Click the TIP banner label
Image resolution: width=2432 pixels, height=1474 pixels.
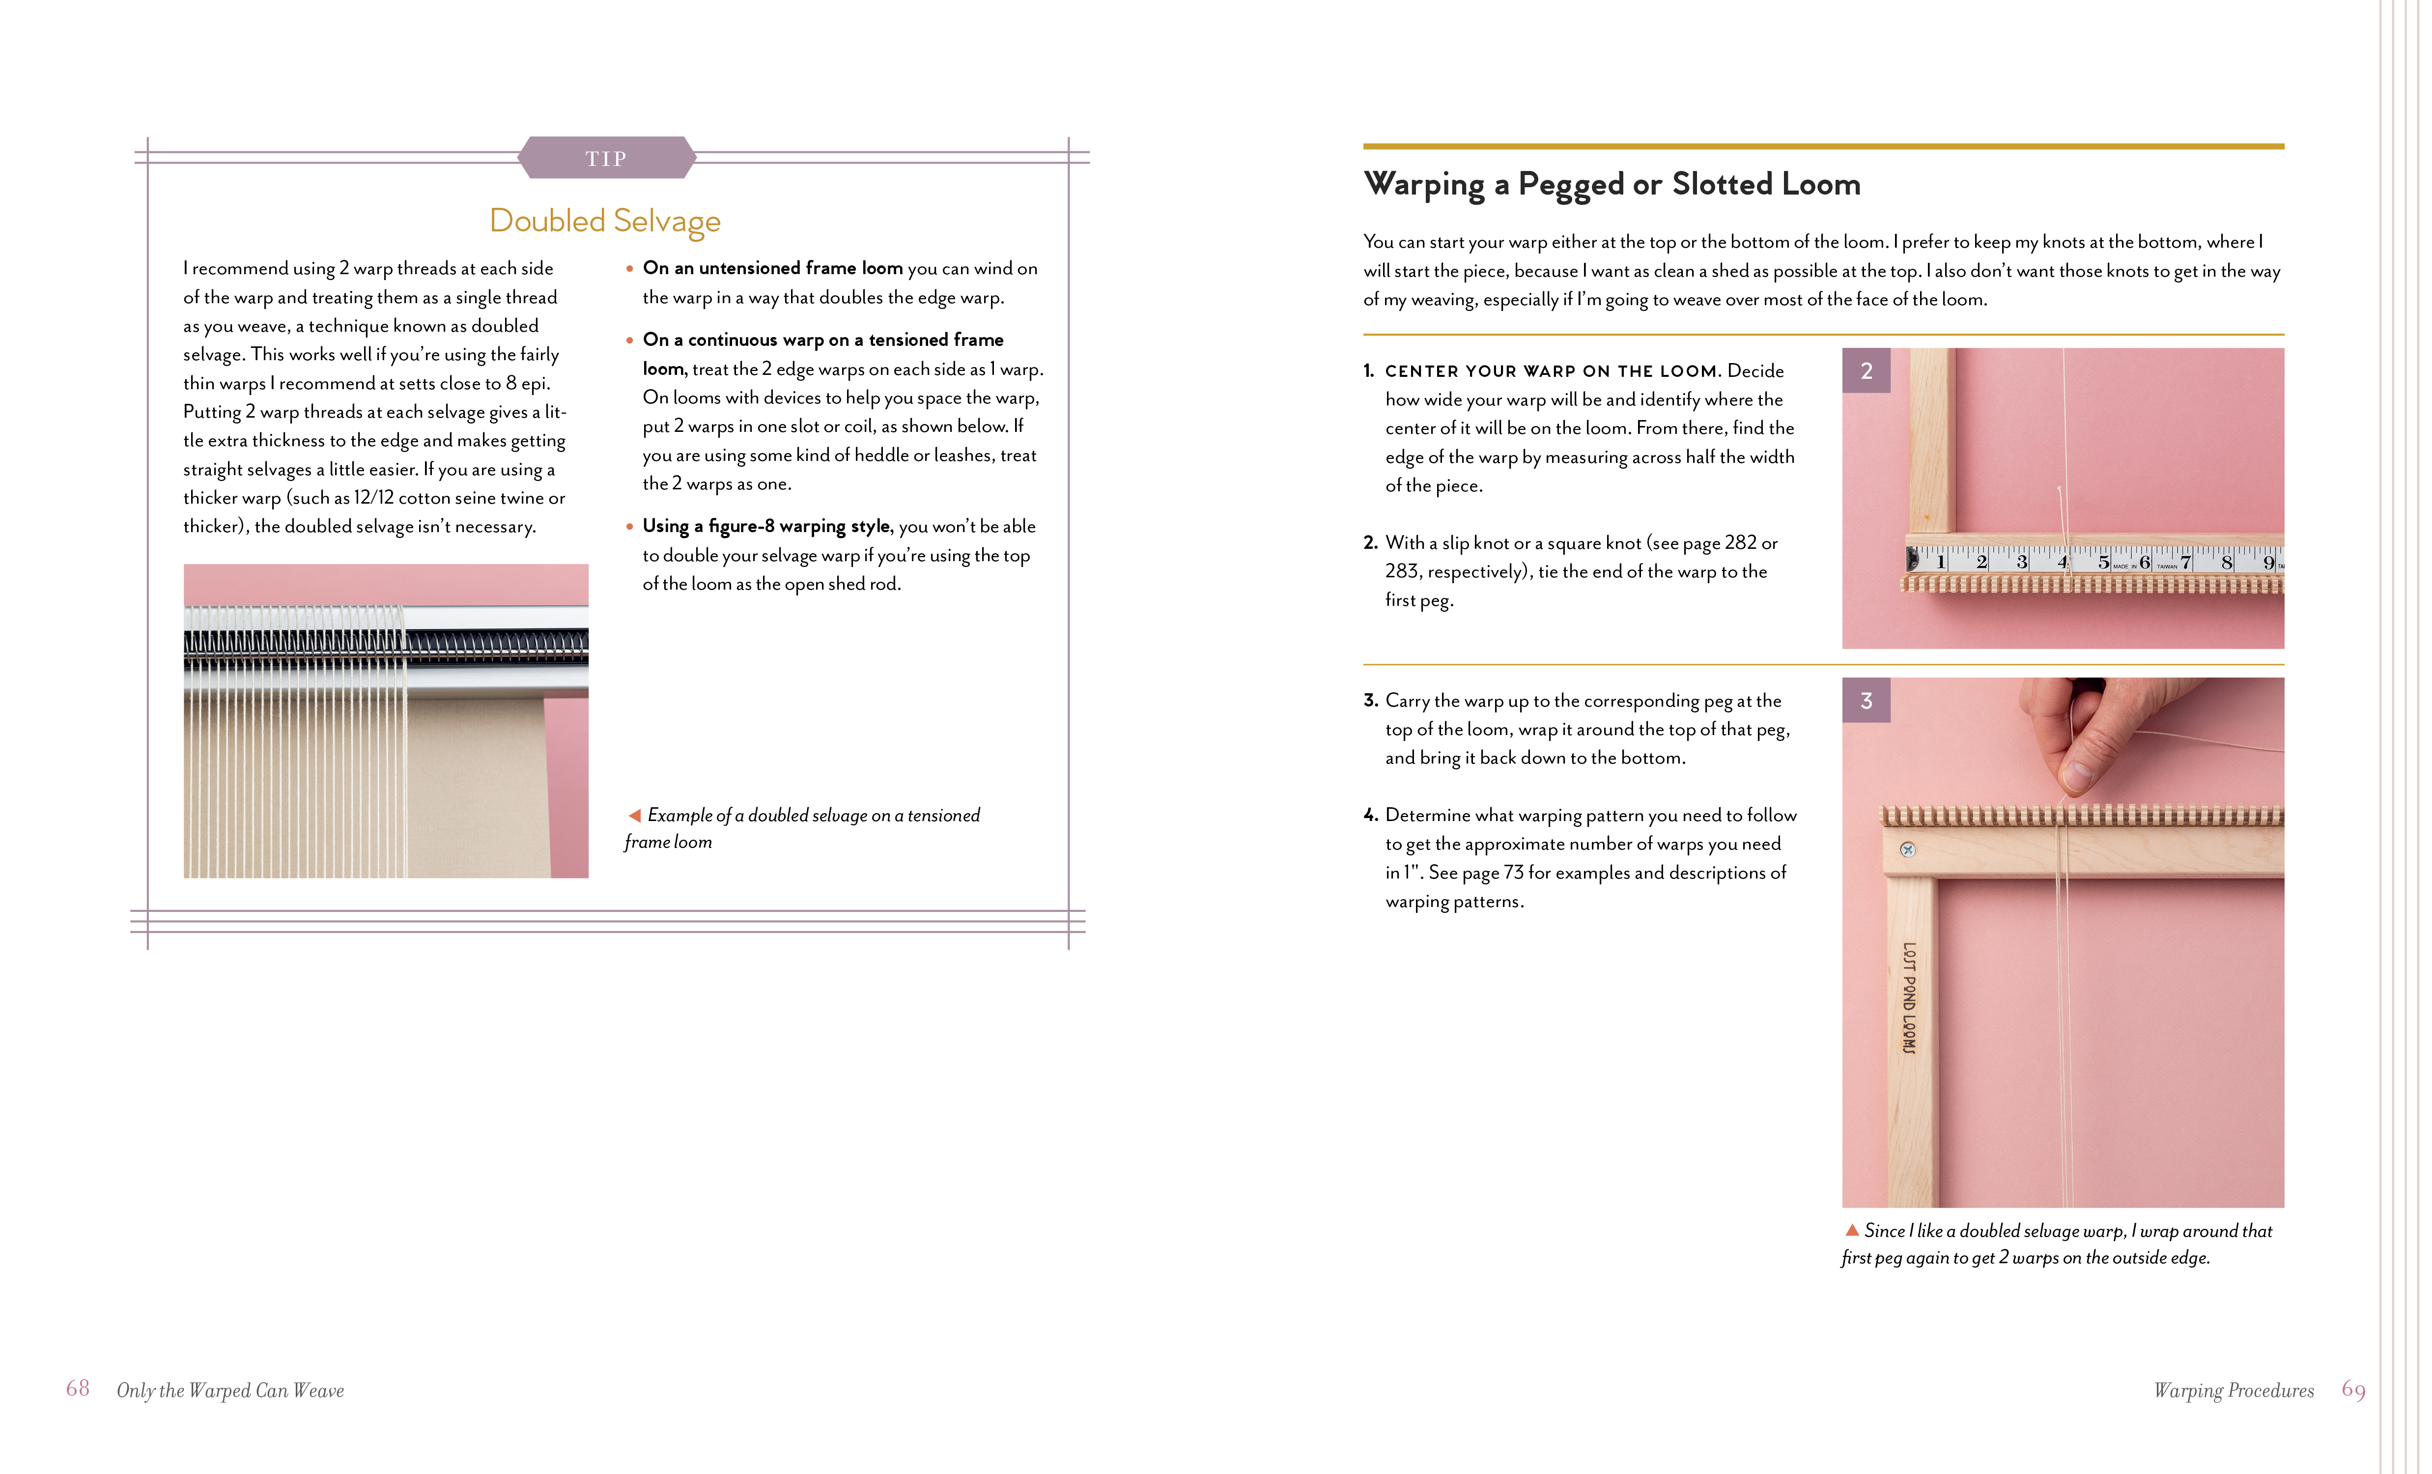pyautogui.click(x=606, y=158)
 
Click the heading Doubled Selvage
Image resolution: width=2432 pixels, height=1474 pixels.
pyautogui.click(x=605, y=220)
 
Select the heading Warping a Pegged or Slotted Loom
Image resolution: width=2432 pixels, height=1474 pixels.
pyautogui.click(x=1612, y=185)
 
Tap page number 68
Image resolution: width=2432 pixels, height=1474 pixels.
pyautogui.click(x=78, y=1388)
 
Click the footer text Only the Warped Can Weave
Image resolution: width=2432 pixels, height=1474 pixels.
pyautogui.click(x=230, y=1390)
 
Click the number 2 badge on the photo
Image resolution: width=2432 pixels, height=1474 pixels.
pyautogui.click(x=1866, y=371)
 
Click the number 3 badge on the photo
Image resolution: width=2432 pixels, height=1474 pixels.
pyautogui.click(x=1866, y=701)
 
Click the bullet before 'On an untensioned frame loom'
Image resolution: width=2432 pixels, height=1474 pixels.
pyautogui.click(x=630, y=269)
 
